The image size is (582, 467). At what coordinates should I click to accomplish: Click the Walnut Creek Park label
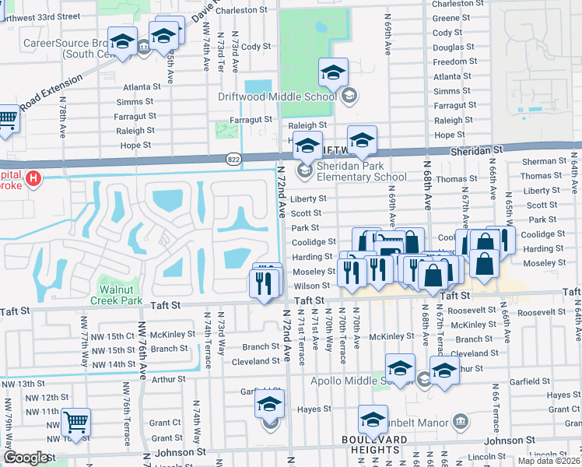[115, 294]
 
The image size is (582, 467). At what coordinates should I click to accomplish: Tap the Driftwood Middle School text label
[276, 96]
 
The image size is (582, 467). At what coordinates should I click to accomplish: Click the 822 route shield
[233, 159]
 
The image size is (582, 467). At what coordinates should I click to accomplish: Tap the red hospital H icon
[33, 180]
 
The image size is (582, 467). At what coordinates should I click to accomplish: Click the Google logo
[26, 458]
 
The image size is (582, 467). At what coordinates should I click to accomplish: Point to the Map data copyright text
[549, 461]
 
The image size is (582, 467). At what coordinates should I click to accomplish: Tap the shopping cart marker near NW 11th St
[75, 423]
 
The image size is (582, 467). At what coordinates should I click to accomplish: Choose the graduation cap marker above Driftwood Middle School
[333, 74]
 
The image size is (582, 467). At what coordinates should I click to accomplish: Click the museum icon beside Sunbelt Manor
[460, 423]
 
